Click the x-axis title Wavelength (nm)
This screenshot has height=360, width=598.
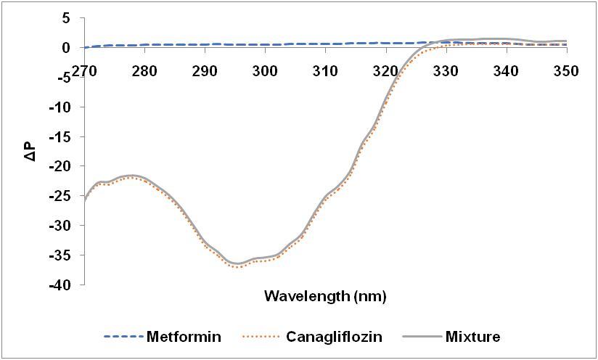(325, 296)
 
